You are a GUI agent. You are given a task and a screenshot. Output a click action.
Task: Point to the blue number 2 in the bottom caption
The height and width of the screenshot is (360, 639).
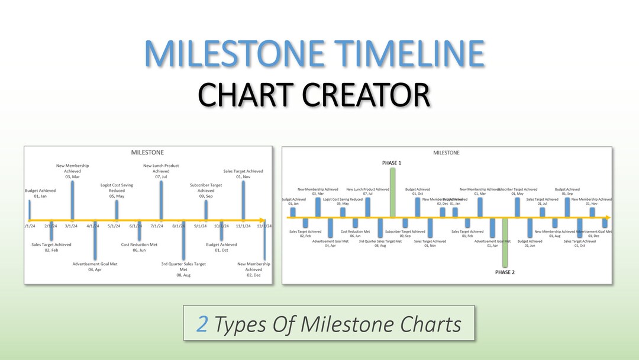coord(202,324)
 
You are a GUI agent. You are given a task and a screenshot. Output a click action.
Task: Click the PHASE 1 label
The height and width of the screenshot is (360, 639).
coord(391,162)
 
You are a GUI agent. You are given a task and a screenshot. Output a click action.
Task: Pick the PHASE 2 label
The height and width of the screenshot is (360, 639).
coord(505,272)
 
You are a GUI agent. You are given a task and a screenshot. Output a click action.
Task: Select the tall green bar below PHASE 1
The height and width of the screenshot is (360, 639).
coord(392,192)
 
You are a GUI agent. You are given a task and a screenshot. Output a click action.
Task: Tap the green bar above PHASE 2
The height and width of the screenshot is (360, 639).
coord(505,243)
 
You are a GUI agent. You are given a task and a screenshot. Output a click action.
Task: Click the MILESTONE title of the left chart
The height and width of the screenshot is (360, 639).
coord(147,153)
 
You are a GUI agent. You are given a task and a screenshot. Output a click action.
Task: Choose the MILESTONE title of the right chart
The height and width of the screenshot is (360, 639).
coord(446,153)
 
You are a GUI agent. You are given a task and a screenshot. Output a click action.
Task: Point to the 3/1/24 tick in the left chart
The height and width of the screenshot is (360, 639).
coord(72,226)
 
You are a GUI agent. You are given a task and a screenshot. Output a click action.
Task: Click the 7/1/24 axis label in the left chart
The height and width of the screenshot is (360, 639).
coord(157,226)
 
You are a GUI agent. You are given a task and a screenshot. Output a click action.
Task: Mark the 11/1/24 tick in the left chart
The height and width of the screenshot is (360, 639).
coord(243,226)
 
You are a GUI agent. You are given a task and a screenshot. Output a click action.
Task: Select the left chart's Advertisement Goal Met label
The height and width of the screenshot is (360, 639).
coord(95,264)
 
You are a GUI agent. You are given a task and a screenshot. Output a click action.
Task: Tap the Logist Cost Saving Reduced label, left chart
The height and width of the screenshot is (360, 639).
coord(117,188)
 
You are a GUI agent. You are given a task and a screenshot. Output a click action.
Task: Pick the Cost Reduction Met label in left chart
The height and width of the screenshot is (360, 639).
coord(139,245)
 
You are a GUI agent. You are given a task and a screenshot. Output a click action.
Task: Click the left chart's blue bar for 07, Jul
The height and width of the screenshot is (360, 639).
coord(161,200)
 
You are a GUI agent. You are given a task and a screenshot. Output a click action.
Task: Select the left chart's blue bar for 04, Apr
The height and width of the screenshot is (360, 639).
coord(95,240)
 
